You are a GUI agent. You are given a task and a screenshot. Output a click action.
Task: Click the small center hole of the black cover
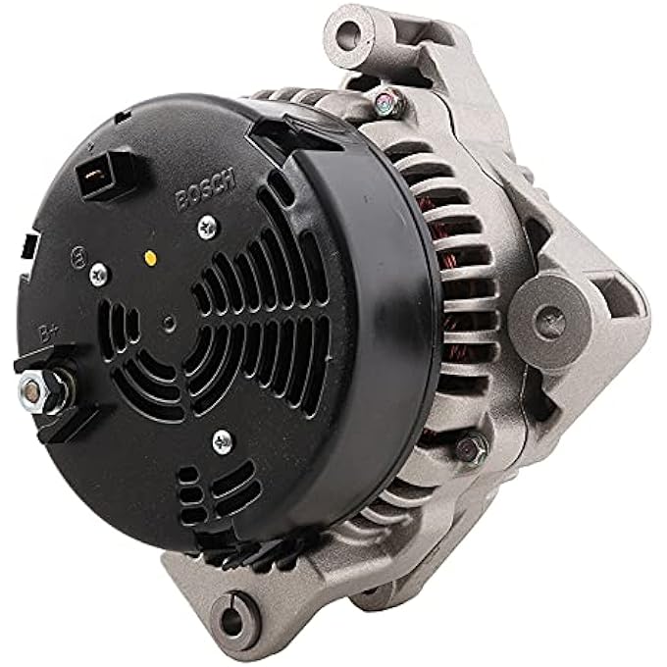click(170, 320)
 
